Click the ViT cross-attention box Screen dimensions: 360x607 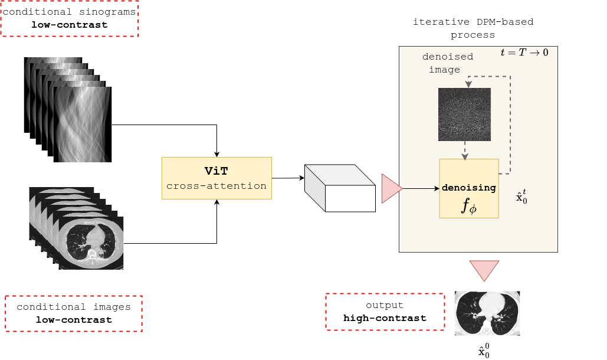[216, 178]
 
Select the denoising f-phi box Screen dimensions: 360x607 [469, 188]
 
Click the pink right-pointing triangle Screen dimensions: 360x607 [391, 188]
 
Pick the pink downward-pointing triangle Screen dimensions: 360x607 [484, 270]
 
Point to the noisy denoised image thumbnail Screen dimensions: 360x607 [464, 114]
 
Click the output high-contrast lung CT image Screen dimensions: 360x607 [487, 313]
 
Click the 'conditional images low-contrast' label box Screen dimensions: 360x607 [74, 313]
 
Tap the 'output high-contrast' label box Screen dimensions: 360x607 [385, 312]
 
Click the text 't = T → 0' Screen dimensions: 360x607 [524, 53]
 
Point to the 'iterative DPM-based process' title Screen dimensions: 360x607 [473, 28]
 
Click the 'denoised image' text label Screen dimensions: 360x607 [448, 63]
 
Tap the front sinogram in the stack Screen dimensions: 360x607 [82, 125]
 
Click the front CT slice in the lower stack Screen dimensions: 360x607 [91, 243]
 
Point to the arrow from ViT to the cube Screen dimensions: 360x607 [288, 178]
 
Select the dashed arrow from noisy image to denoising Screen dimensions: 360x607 [465, 150]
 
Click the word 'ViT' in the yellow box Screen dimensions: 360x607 [216, 171]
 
